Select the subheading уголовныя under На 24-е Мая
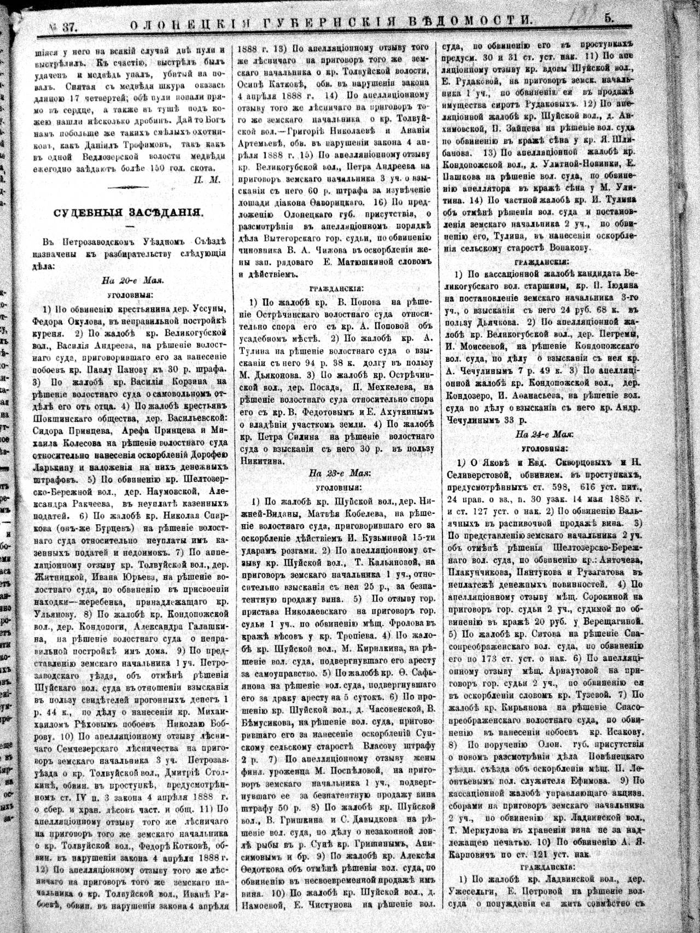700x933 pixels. [x=539, y=448]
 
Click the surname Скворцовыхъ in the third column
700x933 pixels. [x=552, y=462]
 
